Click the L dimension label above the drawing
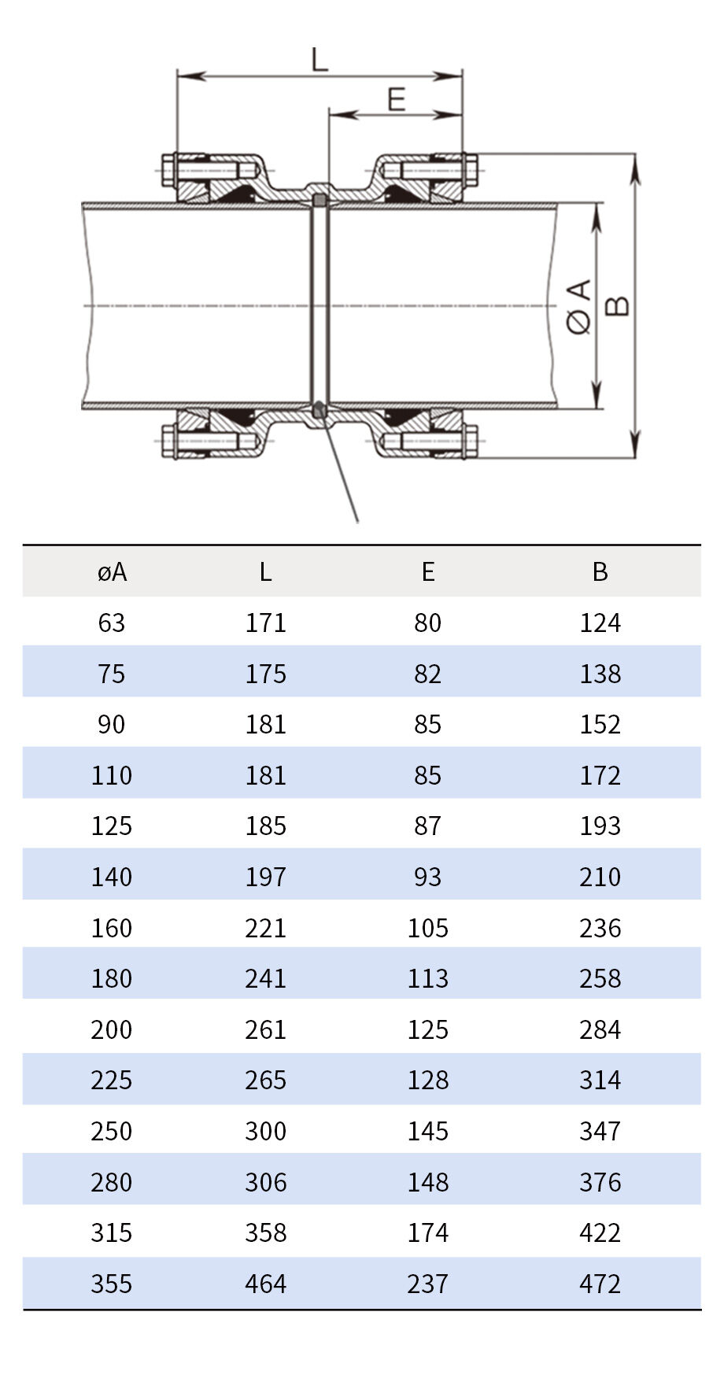coord(320,60)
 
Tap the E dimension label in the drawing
coord(397,100)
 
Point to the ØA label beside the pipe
coord(579,306)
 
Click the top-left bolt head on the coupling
coord(168,170)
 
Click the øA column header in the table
coord(112,572)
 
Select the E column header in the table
coord(428,572)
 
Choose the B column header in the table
coord(600,572)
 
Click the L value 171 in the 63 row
coord(265,623)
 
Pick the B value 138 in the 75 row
coord(600,674)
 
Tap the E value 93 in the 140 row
coord(428,878)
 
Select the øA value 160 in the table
coord(112,929)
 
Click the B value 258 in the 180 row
coord(600,979)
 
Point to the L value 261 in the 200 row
coord(265,1030)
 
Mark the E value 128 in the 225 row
coord(428,1081)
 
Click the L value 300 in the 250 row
coord(265,1132)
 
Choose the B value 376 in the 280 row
coord(600,1183)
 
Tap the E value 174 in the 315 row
coord(428,1233)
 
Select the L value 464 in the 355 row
coord(265,1284)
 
